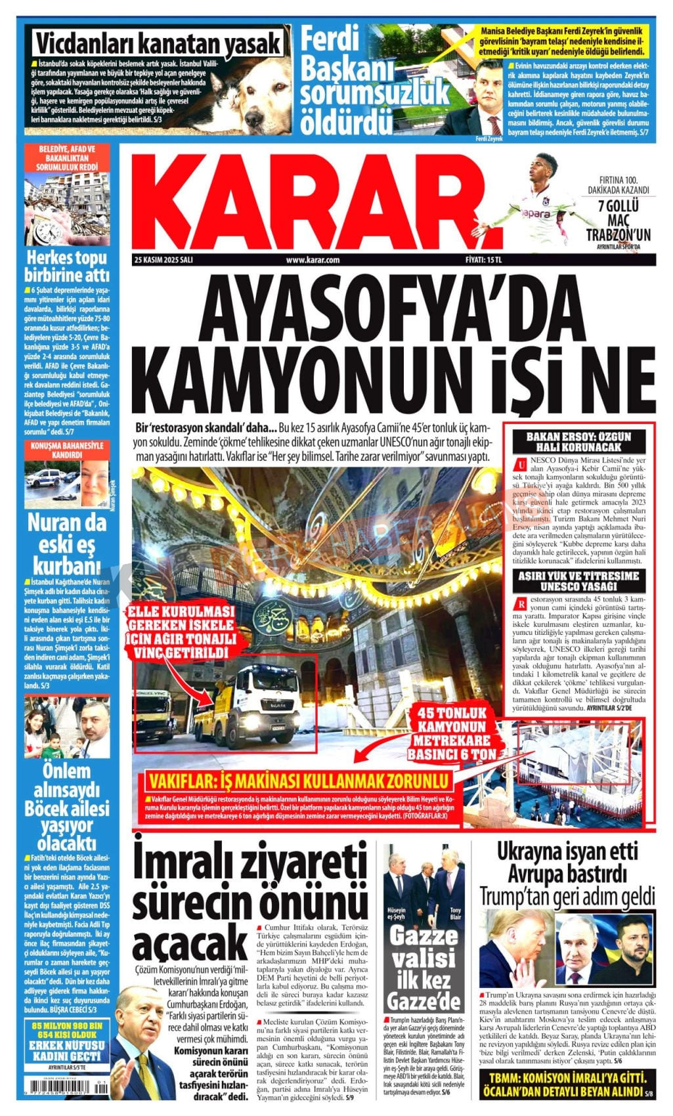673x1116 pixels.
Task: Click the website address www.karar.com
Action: coord(313,259)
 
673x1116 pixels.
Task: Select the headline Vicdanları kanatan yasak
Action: coord(158,45)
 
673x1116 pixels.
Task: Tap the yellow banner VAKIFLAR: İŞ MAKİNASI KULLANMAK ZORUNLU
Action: coord(299,781)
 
